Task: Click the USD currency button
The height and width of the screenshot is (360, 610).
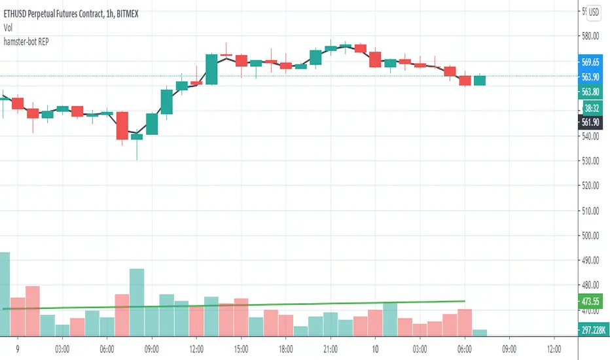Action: [x=594, y=12]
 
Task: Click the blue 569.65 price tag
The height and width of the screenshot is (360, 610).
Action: [x=591, y=62]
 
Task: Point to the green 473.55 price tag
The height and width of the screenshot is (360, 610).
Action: [x=591, y=302]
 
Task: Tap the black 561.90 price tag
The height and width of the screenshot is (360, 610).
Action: [x=591, y=122]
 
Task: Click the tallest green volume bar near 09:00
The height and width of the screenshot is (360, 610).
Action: [x=137, y=301]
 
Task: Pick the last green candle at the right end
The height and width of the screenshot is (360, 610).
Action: [x=480, y=81]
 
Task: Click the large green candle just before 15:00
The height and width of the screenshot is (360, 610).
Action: [x=211, y=69]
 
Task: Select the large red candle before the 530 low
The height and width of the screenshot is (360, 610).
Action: [x=122, y=125]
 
